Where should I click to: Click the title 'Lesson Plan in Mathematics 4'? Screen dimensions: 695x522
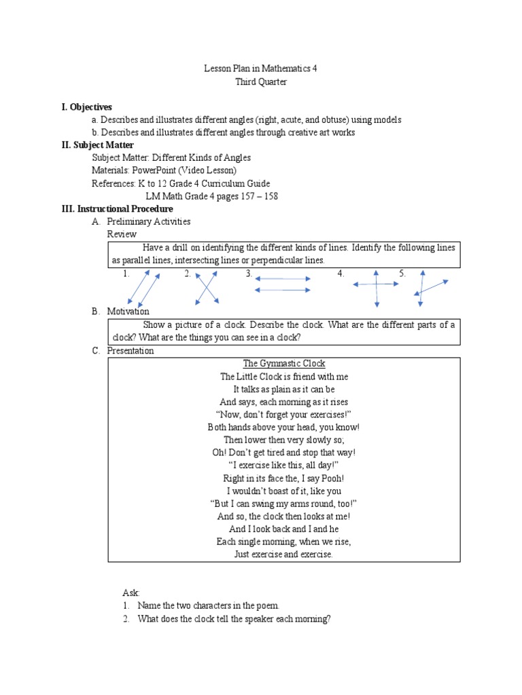(261, 69)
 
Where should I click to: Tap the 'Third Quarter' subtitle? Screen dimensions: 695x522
(261, 81)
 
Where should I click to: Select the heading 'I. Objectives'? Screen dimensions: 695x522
(86, 107)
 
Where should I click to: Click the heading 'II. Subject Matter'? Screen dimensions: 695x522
(98, 145)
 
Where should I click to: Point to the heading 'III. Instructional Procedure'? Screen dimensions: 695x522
(118, 208)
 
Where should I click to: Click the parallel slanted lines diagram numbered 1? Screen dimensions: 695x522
(143, 288)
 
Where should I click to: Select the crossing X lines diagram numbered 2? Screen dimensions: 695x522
(206, 287)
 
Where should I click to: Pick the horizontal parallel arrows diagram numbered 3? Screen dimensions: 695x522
(282, 284)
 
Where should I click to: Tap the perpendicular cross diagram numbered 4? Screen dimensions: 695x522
(375, 285)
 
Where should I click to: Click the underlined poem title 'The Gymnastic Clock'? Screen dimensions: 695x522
(284, 363)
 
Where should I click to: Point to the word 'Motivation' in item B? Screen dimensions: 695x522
(128, 312)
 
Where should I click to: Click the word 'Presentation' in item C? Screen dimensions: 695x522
(130, 351)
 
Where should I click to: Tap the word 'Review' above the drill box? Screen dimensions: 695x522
(122, 234)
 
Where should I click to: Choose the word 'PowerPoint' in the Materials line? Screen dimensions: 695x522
(154, 170)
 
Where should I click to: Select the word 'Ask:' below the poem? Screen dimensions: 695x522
(130, 593)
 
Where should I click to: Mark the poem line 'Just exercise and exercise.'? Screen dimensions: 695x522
(284, 555)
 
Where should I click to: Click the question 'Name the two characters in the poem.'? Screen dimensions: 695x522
(208, 605)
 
